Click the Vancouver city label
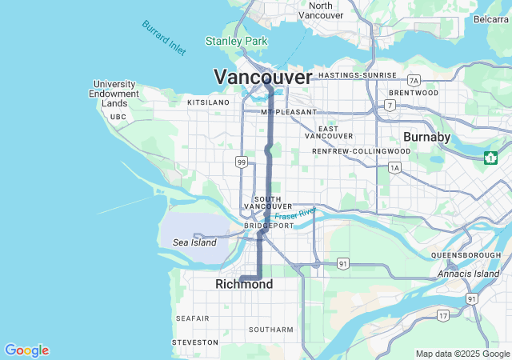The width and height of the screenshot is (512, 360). (x=262, y=78)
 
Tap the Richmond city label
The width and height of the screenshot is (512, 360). (x=244, y=285)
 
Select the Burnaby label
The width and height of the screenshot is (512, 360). (x=427, y=137)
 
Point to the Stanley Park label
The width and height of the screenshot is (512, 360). (x=236, y=41)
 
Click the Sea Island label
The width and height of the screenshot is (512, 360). (x=194, y=242)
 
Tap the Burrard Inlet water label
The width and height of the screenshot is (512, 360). (x=164, y=38)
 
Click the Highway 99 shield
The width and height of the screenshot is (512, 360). (x=241, y=162)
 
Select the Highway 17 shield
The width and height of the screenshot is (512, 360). (x=443, y=316)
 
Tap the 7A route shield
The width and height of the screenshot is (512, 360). (x=414, y=81)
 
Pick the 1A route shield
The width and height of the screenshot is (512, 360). (x=394, y=167)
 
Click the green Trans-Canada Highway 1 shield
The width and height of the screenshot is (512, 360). (x=490, y=158)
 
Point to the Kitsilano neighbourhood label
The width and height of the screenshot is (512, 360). (x=208, y=103)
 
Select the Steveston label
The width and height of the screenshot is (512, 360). (x=195, y=342)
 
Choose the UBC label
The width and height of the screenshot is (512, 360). (x=118, y=117)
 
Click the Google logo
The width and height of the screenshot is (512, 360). (x=26, y=350)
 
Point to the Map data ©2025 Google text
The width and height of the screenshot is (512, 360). (x=462, y=354)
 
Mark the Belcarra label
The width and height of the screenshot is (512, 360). (x=491, y=19)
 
